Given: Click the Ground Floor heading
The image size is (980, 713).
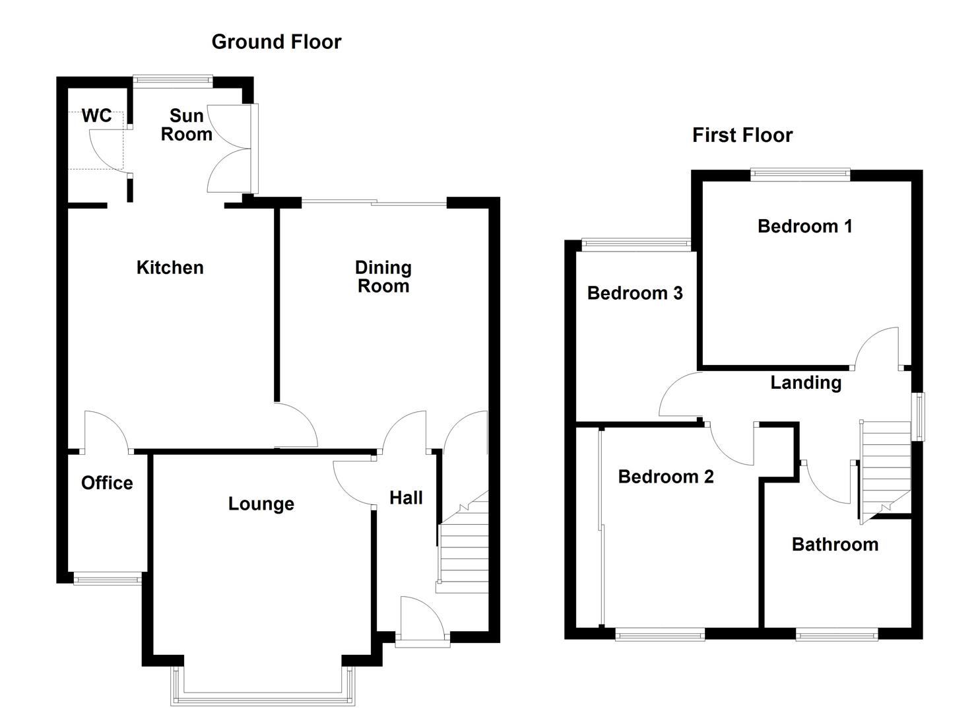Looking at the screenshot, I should [x=276, y=42].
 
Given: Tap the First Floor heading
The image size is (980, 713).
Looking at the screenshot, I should [x=742, y=135].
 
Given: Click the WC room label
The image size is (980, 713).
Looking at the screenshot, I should [x=96, y=116].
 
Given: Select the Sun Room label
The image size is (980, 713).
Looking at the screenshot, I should [x=187, y=125].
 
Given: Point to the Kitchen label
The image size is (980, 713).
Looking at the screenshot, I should [x=170, y=267].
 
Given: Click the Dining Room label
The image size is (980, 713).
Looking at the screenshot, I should [x=383, y=277].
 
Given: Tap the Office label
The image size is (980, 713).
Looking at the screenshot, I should [x=107, y=483].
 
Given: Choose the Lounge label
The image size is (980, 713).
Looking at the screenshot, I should [x=261, y=504].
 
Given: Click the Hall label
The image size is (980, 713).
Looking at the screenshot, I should [x=406, y=498].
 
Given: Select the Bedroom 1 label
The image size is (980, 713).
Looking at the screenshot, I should [x=804, y=226].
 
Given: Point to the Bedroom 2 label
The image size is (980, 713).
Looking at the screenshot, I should [x=665, y=477].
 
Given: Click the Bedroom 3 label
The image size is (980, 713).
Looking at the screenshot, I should [x=634, y=293].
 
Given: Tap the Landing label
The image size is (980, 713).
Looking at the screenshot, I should [x=805, y=383].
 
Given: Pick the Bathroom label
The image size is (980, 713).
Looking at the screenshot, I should [x=835, y=545].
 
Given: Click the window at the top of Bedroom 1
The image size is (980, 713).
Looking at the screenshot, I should [x=800, y=174].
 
